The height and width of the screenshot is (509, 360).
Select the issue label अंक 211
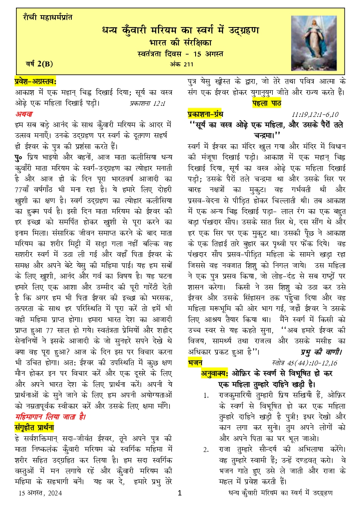coord(181,64)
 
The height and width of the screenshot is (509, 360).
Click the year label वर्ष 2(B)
coord(39,64)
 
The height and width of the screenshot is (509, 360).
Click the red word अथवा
coord(24,113)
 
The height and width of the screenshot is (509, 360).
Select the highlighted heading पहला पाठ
coord(267,103)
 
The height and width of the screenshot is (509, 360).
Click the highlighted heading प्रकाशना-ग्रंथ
coord(205,114)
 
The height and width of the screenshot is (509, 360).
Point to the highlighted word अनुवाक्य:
coord(214,373)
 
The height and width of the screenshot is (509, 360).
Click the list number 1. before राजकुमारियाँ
coord(206,395)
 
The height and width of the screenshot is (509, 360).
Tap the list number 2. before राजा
coord(206,450)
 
